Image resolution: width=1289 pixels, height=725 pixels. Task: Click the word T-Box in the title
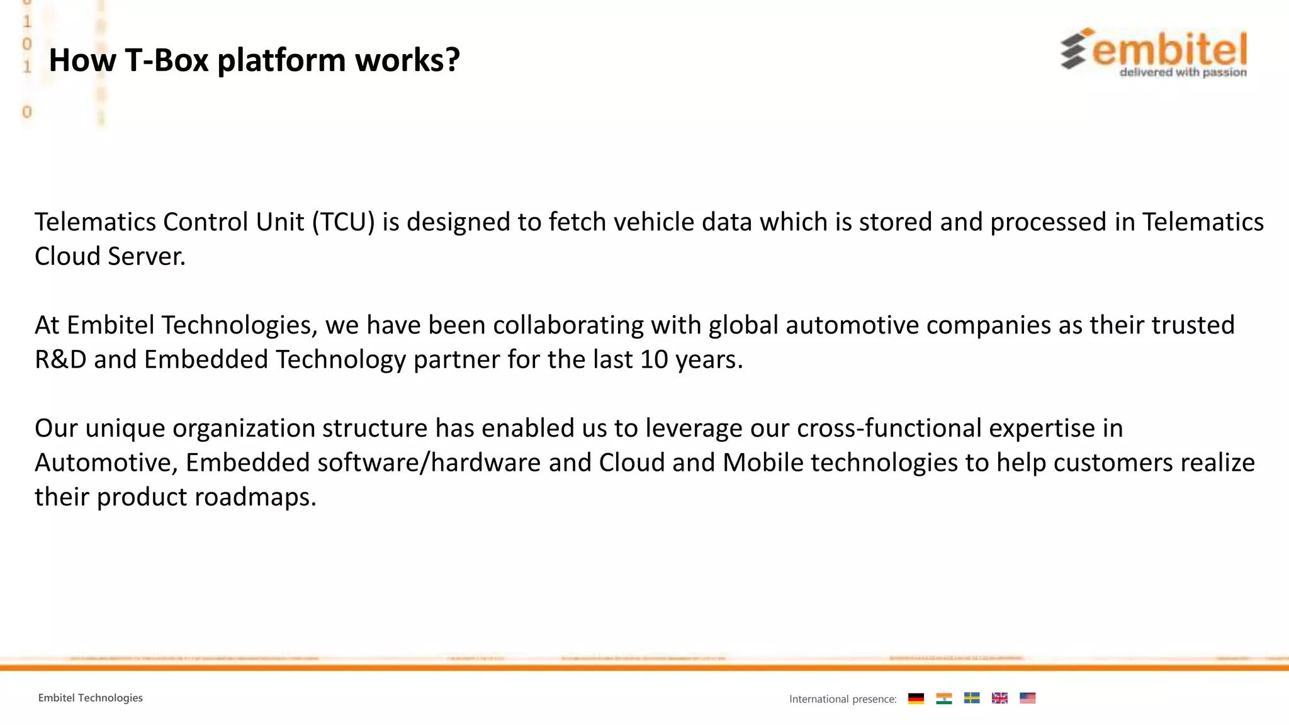tap(167, 60)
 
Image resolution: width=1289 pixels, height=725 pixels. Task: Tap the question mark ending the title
tap(452, 60)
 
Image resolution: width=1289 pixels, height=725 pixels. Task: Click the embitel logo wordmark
tap(1169, 50)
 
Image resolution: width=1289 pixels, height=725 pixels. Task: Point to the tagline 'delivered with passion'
tap(1183, 72)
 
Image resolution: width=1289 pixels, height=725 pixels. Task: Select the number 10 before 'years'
tap(654, 360)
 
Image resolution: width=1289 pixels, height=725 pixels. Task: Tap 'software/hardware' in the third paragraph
tap(429, 463)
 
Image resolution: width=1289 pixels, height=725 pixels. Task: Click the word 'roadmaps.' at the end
tap(255, 497)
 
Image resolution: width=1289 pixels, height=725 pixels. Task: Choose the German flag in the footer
tap(916, 698)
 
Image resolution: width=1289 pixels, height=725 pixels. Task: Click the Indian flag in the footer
tap(943, 698)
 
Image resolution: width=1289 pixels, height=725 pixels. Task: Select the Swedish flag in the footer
tap(972, 698)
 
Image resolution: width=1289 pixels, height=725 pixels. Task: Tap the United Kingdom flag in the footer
tap(999, 698)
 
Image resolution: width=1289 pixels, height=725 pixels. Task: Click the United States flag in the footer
tap(1027, 698)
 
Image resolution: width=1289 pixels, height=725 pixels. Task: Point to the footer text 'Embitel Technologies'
tap(91, 698)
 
